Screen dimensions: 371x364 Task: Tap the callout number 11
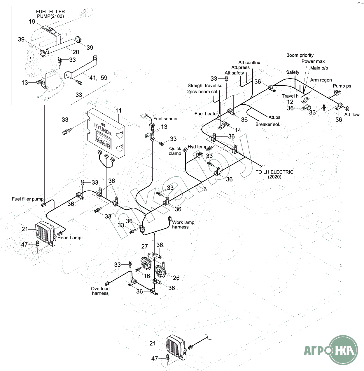coord(118,111)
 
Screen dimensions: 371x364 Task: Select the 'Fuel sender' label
coord(165,119)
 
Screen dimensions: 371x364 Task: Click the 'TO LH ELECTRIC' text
coord(274,172)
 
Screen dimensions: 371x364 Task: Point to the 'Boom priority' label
coord(300,55)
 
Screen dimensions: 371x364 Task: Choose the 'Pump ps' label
coord(342,86)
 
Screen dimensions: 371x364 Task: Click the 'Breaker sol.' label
coord(268,124)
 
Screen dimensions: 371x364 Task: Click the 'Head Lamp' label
coord(69,238)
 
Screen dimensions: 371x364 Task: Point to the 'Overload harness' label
coord(100,291)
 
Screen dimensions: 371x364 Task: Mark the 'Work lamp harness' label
coord(183,225)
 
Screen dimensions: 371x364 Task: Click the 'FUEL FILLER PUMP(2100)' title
coord(50,14)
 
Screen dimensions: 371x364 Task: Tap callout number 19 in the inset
coord(32,22)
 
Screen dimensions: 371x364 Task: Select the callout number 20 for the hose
coord(76,52)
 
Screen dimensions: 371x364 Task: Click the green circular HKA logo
coord(344,349)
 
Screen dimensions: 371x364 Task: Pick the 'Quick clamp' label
coord(175,151)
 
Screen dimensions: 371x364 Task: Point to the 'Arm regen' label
coord(321,80)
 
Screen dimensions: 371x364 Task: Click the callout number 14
coord(238,130)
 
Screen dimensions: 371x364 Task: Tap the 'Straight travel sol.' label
coord(206,86)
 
